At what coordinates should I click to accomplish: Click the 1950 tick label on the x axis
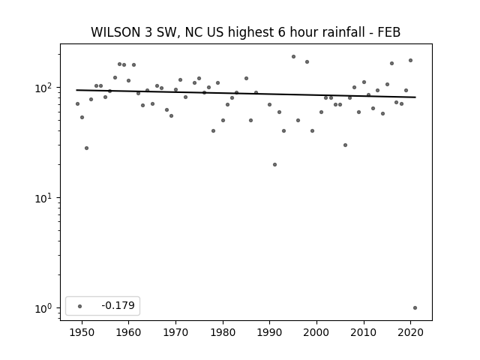pos(82,332)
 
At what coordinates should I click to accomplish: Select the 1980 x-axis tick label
pos(223,332)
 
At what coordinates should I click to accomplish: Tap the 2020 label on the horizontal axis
pos(410,332)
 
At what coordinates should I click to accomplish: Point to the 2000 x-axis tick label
pos(316,332)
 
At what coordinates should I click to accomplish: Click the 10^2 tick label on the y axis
pos(45,88)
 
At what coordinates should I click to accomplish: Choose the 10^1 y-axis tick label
pos(45,198)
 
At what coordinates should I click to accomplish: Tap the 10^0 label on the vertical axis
pos(45,308)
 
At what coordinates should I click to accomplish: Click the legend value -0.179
pos(118,305)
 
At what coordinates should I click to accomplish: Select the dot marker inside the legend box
pos(79,306)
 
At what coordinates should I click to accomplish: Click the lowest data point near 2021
pos(415,308)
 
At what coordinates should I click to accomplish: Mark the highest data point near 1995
pos(293,57)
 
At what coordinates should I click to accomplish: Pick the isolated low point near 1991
pos(274,165)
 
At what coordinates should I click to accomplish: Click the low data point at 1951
pos(87,148)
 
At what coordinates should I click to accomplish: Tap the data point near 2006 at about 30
pos(345,145)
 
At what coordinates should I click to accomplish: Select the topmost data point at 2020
pos(410,61)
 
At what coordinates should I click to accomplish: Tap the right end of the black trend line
pos(415,97)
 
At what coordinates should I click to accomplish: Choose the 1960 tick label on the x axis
pos(128,332)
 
